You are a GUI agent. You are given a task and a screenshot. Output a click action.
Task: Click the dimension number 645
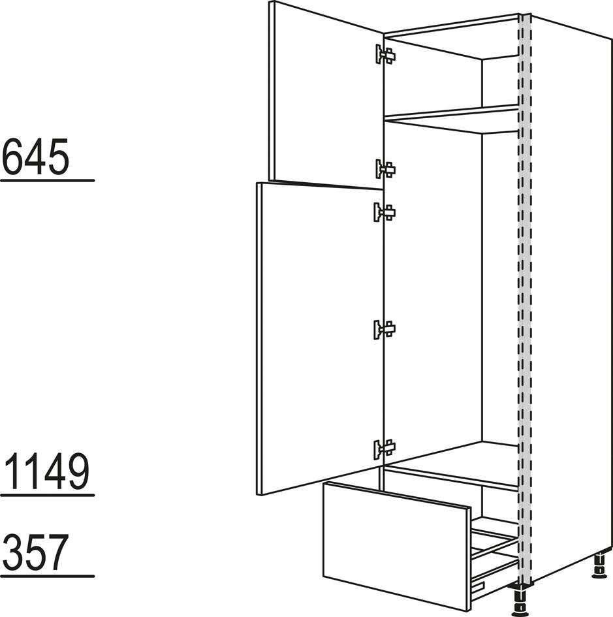click(x=36, y=157)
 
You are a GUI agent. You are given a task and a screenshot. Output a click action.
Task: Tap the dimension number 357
click(x=36, y=552)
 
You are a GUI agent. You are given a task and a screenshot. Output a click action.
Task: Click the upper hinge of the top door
click(x=385, y=54)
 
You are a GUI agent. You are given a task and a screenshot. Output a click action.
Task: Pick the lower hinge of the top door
click(x=385, y=169)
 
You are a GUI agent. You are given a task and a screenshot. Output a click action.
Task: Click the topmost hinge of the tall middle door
click(x=385, y=212)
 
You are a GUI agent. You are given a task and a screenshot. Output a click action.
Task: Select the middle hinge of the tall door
click(x=385, y=329)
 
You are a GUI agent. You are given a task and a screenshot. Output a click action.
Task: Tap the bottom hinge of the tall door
click(x=385, y=449)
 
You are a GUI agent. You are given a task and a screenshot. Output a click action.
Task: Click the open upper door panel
click(x=326, y=95)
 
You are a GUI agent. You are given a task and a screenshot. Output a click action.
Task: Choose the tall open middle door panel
click(x=319, y=338)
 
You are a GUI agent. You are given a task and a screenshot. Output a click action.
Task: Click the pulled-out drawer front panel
click(x=397, y=547)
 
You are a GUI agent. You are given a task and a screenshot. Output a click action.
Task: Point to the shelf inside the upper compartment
click(x=451, y=118)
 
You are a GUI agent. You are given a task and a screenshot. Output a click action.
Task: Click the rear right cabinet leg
click(x=599, y=566)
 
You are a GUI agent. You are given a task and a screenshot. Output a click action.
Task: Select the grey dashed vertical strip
click(x=525, y=299)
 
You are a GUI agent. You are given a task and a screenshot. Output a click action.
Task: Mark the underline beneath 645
click(x=48, y=181)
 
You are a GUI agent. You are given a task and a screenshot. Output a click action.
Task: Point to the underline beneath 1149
click(x=48, y=495)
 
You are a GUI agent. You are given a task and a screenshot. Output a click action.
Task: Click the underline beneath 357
click(x=48, y=577)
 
